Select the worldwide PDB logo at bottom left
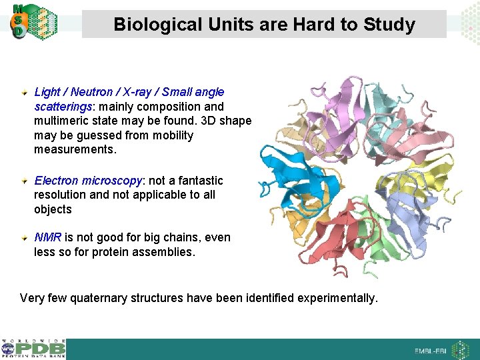[33, 349]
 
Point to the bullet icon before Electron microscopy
[25, 180]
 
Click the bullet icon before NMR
[25, 237]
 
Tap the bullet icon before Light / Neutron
[25, 91]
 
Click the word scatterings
[63, 107]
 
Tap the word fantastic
[199, 181]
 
